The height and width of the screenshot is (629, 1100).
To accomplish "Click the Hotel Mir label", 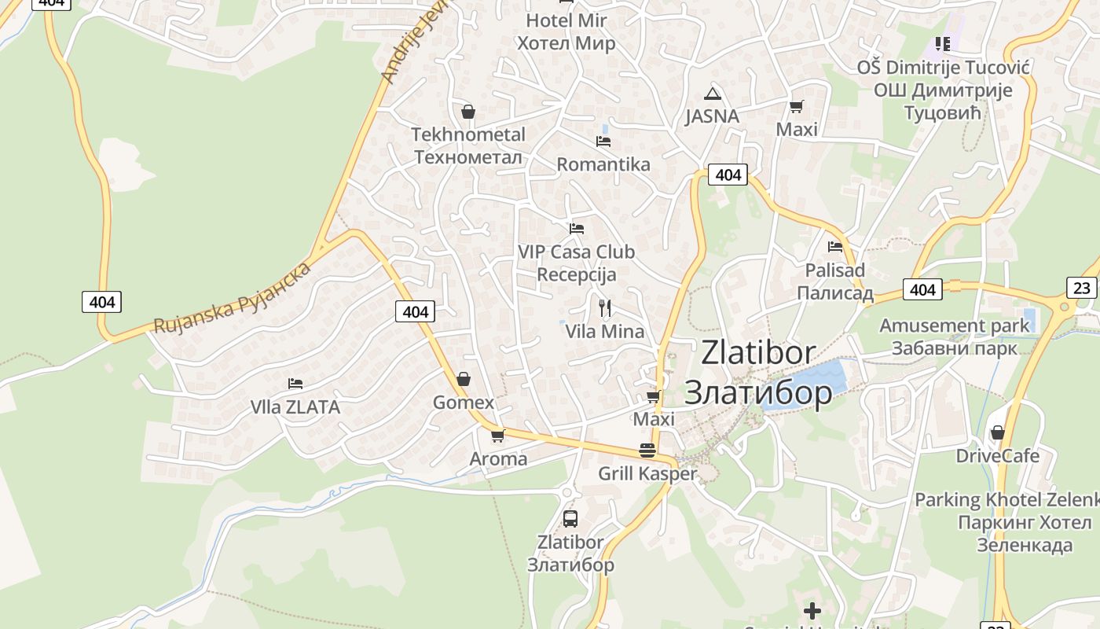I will [x=566, y=31].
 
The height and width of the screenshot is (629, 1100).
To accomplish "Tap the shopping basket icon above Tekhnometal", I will [x=468, y=112].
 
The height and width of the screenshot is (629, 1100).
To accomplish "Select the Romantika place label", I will [x=603, y=164].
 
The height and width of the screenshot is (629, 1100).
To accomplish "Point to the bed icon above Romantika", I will [x=603, y=142].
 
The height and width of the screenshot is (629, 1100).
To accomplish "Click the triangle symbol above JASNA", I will [x=713, y=94].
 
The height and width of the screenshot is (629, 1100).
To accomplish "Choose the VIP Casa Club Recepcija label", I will [x=576, y=263].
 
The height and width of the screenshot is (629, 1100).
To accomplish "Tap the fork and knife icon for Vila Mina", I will [x=604, y=307].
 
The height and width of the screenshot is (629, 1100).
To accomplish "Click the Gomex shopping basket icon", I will [x=464, y=379].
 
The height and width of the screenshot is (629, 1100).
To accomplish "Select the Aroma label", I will [x=498, y=458].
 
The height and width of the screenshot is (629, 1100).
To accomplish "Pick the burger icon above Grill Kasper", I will [x=647, y=451].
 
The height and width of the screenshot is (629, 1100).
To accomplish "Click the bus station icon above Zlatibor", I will [x=570, y=519].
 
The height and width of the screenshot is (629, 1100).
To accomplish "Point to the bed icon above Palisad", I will [x=835, y=247].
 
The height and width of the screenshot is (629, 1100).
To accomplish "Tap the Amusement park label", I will [x=954, y=337].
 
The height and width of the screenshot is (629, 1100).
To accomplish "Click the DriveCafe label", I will [x=997, y=456].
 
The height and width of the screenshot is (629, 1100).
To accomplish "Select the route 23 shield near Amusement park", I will [x=1082, y=288].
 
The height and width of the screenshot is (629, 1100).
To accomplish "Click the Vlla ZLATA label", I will [x=295, y=407].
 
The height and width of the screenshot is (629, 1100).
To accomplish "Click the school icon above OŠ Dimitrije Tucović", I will [x=942, y=44].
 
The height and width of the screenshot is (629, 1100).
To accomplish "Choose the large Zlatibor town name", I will [x=758, y=372].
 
